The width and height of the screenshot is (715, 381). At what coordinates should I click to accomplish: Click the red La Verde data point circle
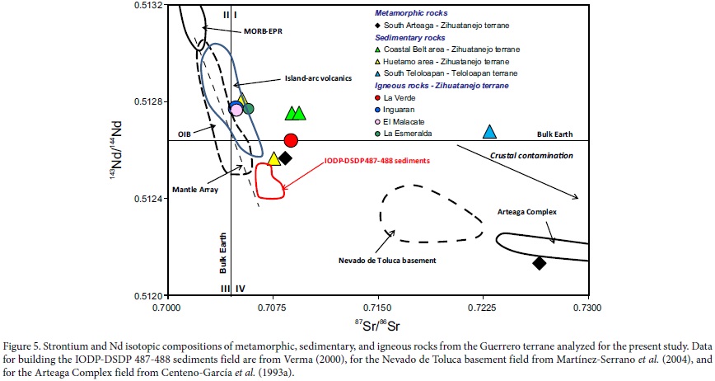291,140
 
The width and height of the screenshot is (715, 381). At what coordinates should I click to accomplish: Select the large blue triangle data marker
489,132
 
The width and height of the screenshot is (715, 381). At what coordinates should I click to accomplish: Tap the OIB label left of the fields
185,134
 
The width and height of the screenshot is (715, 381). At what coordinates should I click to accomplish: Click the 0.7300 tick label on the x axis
587,308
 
